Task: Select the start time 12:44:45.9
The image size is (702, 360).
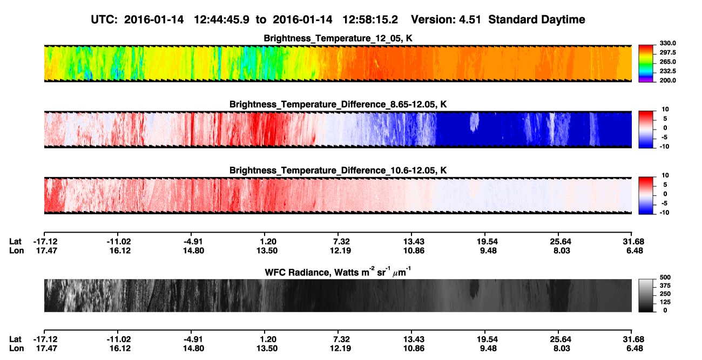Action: click(221, 20)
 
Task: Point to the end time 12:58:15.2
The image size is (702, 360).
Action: click(370, 20)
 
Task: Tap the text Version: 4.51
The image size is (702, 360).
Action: click(446, 20)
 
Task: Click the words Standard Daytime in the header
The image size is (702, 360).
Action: click(537, 20)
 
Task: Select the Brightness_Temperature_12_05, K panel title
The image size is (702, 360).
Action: click(338, 38)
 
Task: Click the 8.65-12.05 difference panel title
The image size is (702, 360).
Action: click(338, 104)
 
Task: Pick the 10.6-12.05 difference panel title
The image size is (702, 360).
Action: click(338, 171)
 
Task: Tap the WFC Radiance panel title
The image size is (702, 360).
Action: click(338, 272)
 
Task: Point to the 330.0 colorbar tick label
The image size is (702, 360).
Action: click(668, 43)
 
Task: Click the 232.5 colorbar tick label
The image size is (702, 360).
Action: click(668, 71)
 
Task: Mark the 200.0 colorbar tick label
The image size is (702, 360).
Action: click(668, 80)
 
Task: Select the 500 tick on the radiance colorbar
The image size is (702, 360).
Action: click(665, 277)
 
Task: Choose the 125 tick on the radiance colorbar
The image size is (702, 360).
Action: click(665, 302)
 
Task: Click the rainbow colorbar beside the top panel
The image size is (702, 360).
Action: click(646, 64)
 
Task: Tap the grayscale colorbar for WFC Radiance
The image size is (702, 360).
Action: click(646, 295)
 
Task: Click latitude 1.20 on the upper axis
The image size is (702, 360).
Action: click(268, 242)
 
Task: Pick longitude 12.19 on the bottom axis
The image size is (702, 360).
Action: click(340, 349)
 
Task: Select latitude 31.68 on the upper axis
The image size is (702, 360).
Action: click(633, 242)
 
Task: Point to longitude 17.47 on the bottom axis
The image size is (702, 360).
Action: click(46, 349)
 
